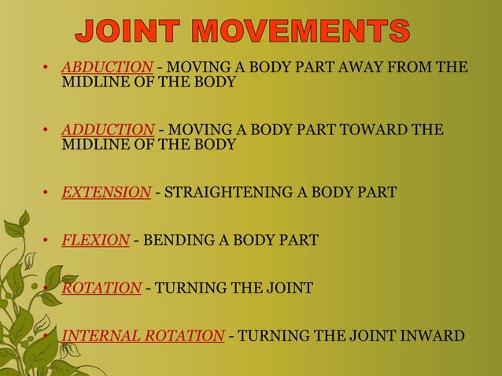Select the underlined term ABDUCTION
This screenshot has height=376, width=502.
(107, 67)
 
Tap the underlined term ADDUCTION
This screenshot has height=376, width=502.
(108, 130)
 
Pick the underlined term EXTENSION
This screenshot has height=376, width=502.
(106, 192)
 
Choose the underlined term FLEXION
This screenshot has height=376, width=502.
(95, 240)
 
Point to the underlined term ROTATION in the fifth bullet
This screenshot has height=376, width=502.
(102, 288)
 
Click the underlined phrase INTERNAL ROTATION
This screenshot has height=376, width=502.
(142, 336)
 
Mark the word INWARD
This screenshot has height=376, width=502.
(436, 336)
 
